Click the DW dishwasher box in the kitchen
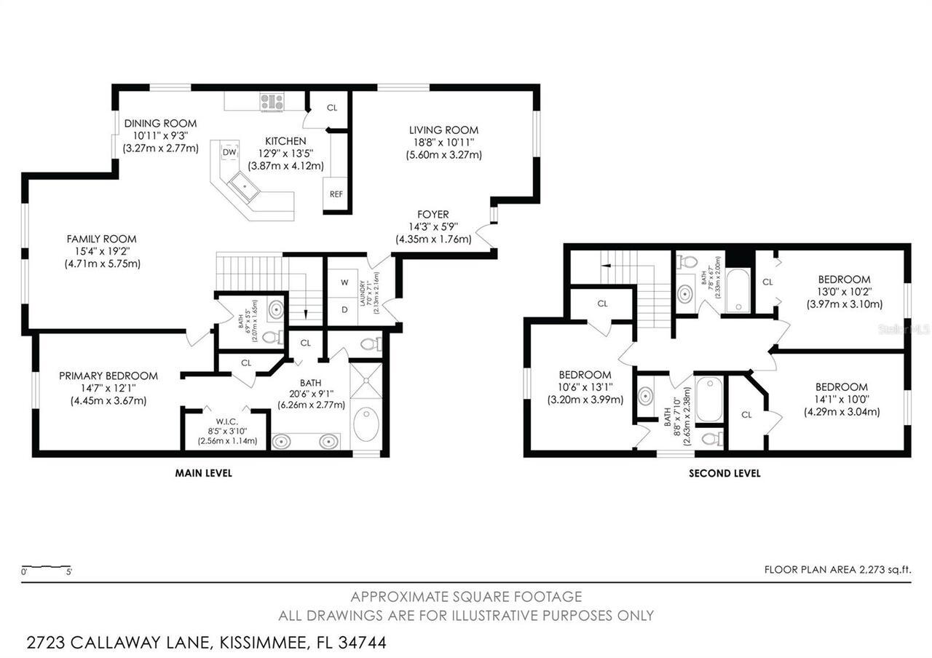point(229,152)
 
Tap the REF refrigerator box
point(336,194)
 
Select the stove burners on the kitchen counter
point(272,102)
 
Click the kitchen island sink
point(246,186)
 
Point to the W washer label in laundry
point(344,282)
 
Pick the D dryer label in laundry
point(344,309)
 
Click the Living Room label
point(443,130)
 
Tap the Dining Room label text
point(160,123)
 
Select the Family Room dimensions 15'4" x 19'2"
point(102,251)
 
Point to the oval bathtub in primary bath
point(366,424)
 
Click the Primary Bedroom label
point(108,376)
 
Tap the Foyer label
point(433,214)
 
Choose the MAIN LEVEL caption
point(203,473)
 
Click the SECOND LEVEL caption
point(724,473)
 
